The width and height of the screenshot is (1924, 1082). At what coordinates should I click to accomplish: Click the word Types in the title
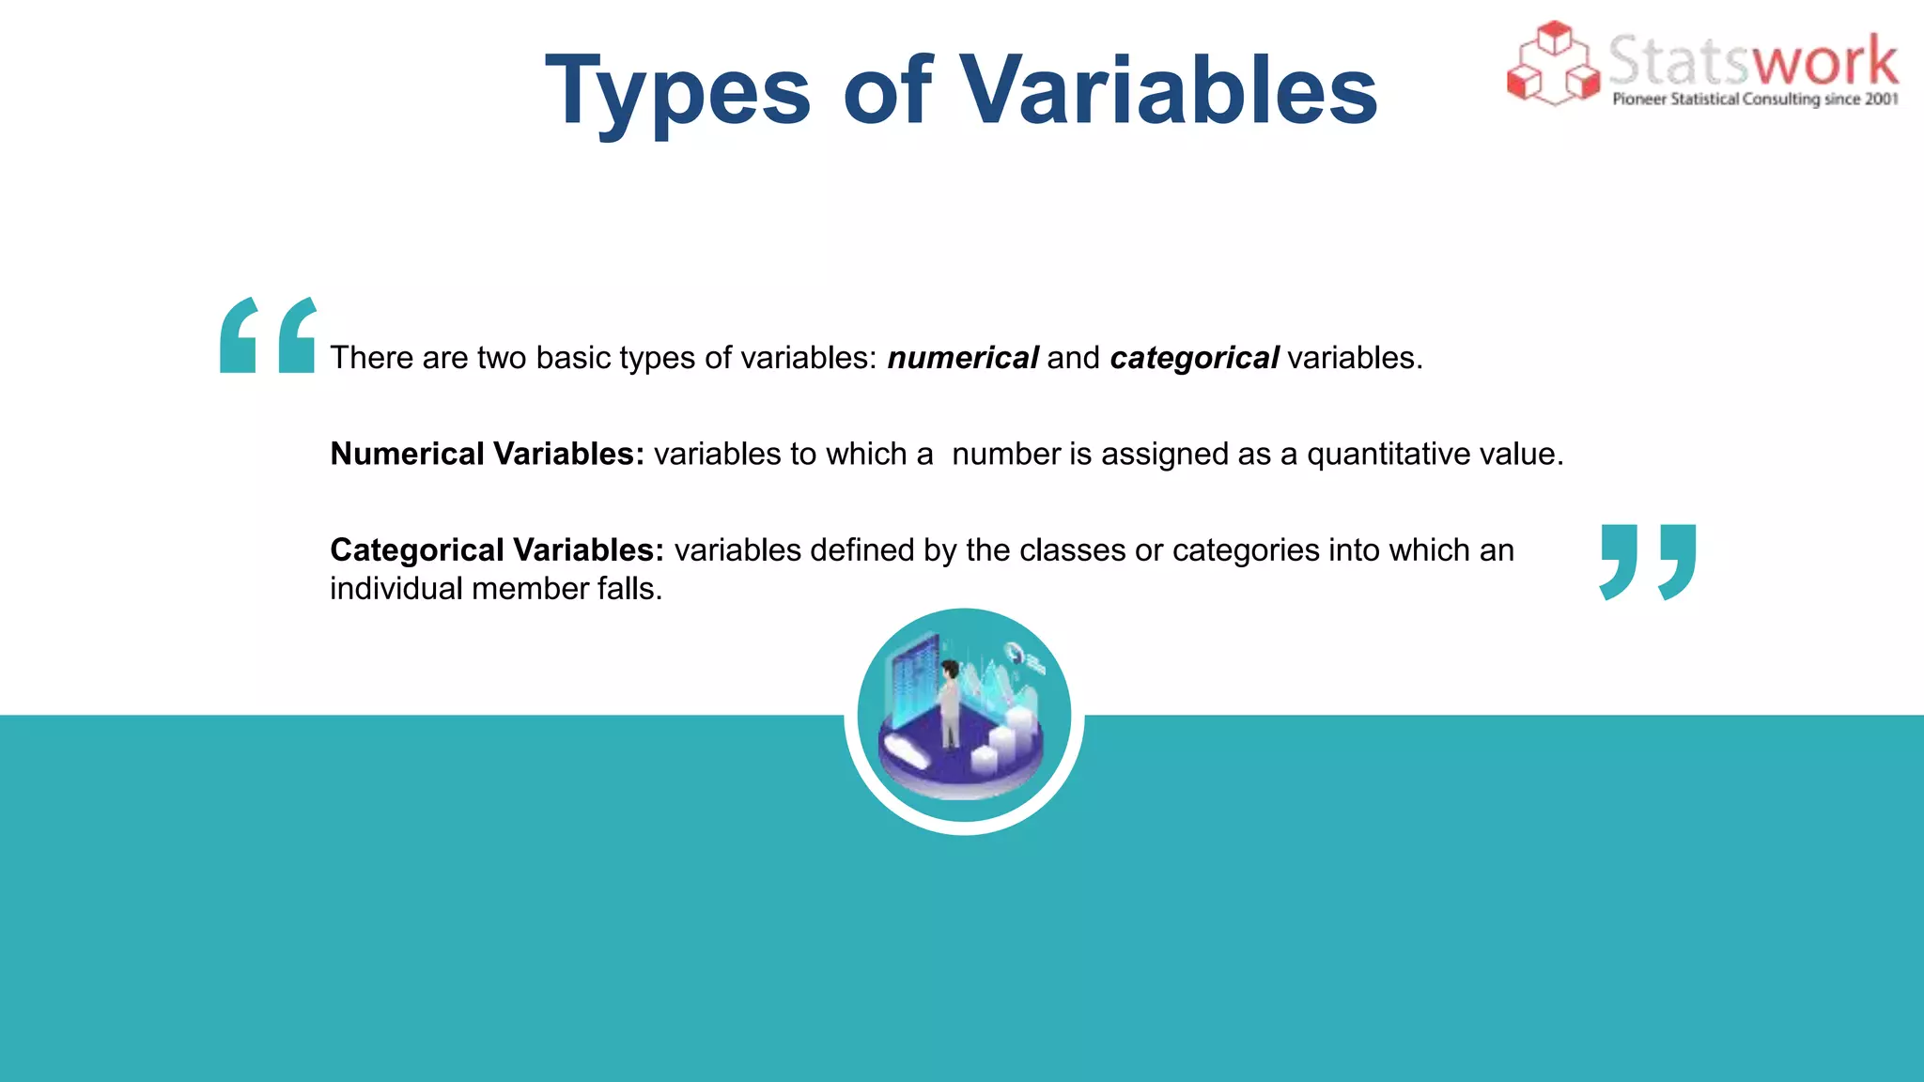coord(677,91)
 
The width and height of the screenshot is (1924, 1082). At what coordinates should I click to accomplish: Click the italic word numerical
coord(962,358)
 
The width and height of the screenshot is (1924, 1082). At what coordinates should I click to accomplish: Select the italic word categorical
coord(1193,358)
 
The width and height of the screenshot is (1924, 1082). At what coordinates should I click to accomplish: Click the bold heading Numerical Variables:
coord(487,454)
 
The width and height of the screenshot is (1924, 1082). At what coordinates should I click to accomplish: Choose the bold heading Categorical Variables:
coord(496,549)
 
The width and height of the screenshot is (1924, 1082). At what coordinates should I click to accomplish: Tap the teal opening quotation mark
coord(268,335)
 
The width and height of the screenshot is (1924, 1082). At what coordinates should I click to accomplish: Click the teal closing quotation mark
coord(1648,562)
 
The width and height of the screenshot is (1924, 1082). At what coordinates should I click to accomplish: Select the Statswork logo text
coord(1752,61)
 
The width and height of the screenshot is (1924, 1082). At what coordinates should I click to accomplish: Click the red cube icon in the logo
coord(1553,63)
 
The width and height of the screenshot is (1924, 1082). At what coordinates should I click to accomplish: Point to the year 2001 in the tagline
coord(1881,100)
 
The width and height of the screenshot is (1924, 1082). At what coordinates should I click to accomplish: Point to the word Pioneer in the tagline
coord(1639,100)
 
